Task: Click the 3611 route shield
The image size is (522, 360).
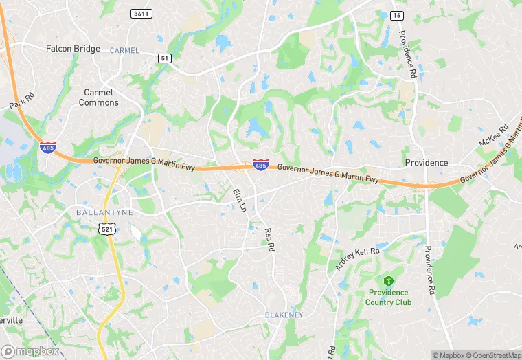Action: click(141, 14)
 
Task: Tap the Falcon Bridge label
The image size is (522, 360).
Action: click(73, 49)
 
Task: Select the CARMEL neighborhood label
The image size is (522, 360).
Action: click(124, 50)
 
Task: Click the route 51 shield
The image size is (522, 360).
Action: click(164, 58)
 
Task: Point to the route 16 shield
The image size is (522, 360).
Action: click(397, 15)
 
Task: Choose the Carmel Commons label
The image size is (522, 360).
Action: click(98, 98)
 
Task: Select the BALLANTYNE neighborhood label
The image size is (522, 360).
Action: click(104, 212)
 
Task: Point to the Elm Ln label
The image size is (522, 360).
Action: click(239, 199)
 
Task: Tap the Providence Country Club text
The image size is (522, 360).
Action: click(388, 297)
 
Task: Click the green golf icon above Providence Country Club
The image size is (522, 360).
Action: click(388, 280)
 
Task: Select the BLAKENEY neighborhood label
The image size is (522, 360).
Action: click(284, 314)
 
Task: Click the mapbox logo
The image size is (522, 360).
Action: click(30, 350)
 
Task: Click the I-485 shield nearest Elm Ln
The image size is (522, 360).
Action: click(260, 166)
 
